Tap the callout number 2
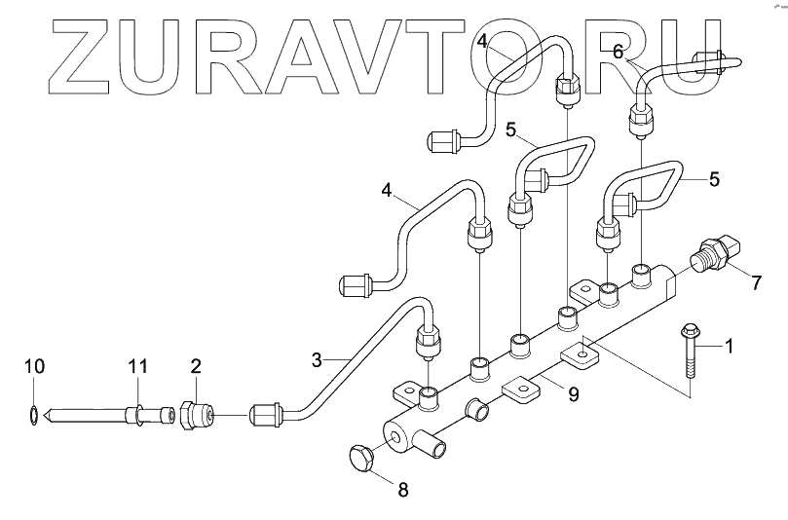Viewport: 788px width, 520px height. point(196,367)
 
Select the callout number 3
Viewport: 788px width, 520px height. point(317,359)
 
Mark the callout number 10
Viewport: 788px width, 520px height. point(34,367)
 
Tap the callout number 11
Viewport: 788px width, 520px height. point(138,366)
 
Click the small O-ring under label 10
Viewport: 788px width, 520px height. point(34,415)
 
